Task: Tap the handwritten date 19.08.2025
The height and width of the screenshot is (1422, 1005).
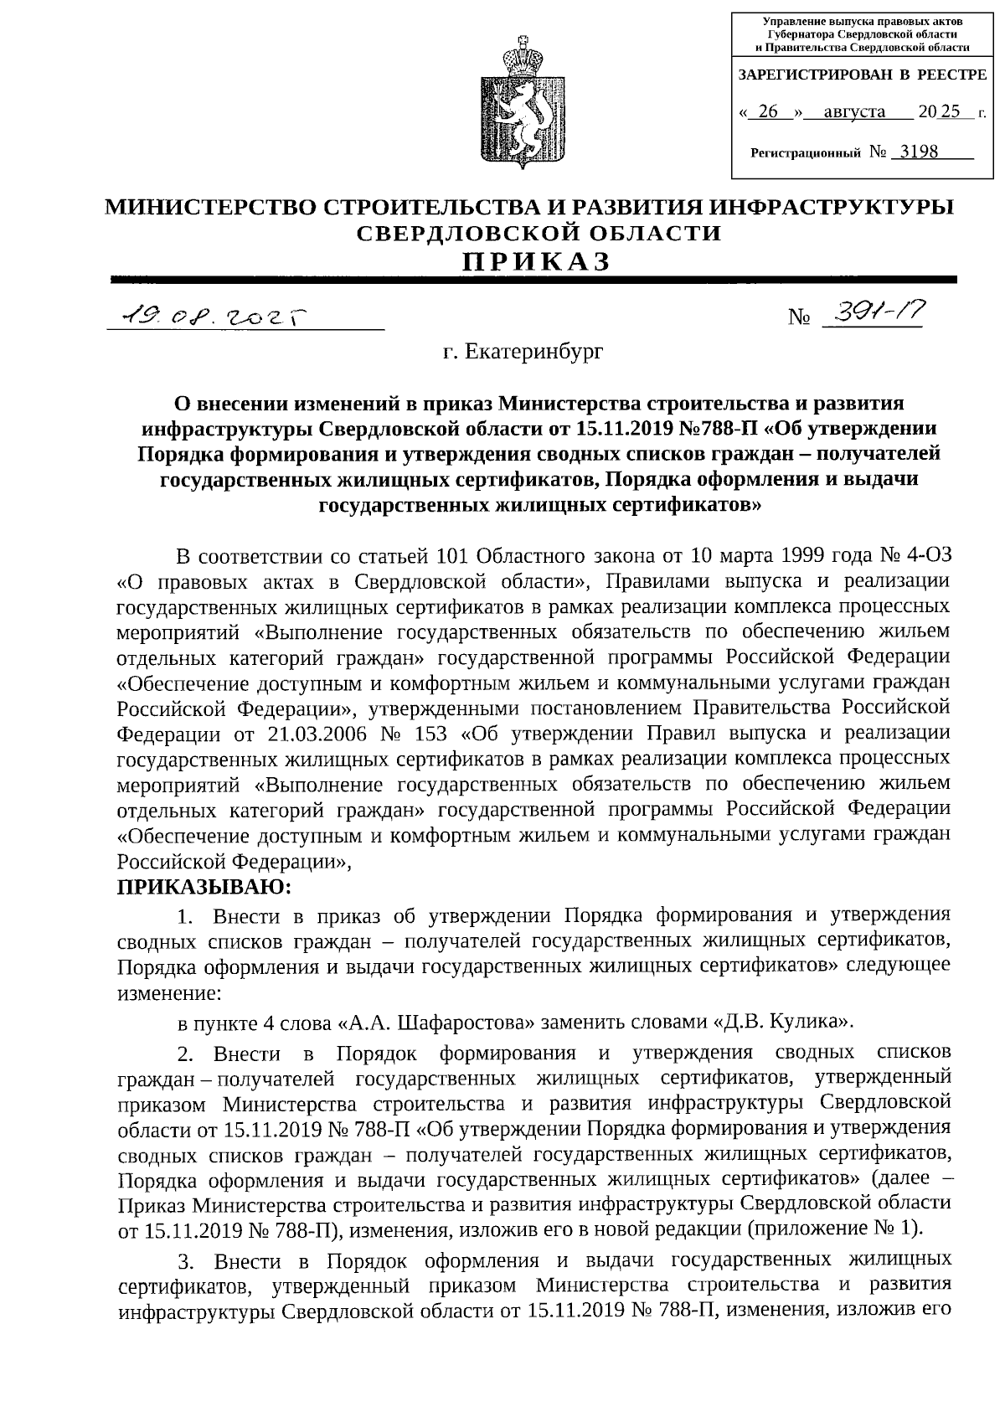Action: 214,317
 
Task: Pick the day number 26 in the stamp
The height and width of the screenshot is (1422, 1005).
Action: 767,111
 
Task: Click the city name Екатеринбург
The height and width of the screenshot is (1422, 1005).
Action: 523,353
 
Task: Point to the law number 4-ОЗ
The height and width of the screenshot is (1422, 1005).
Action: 927,555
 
